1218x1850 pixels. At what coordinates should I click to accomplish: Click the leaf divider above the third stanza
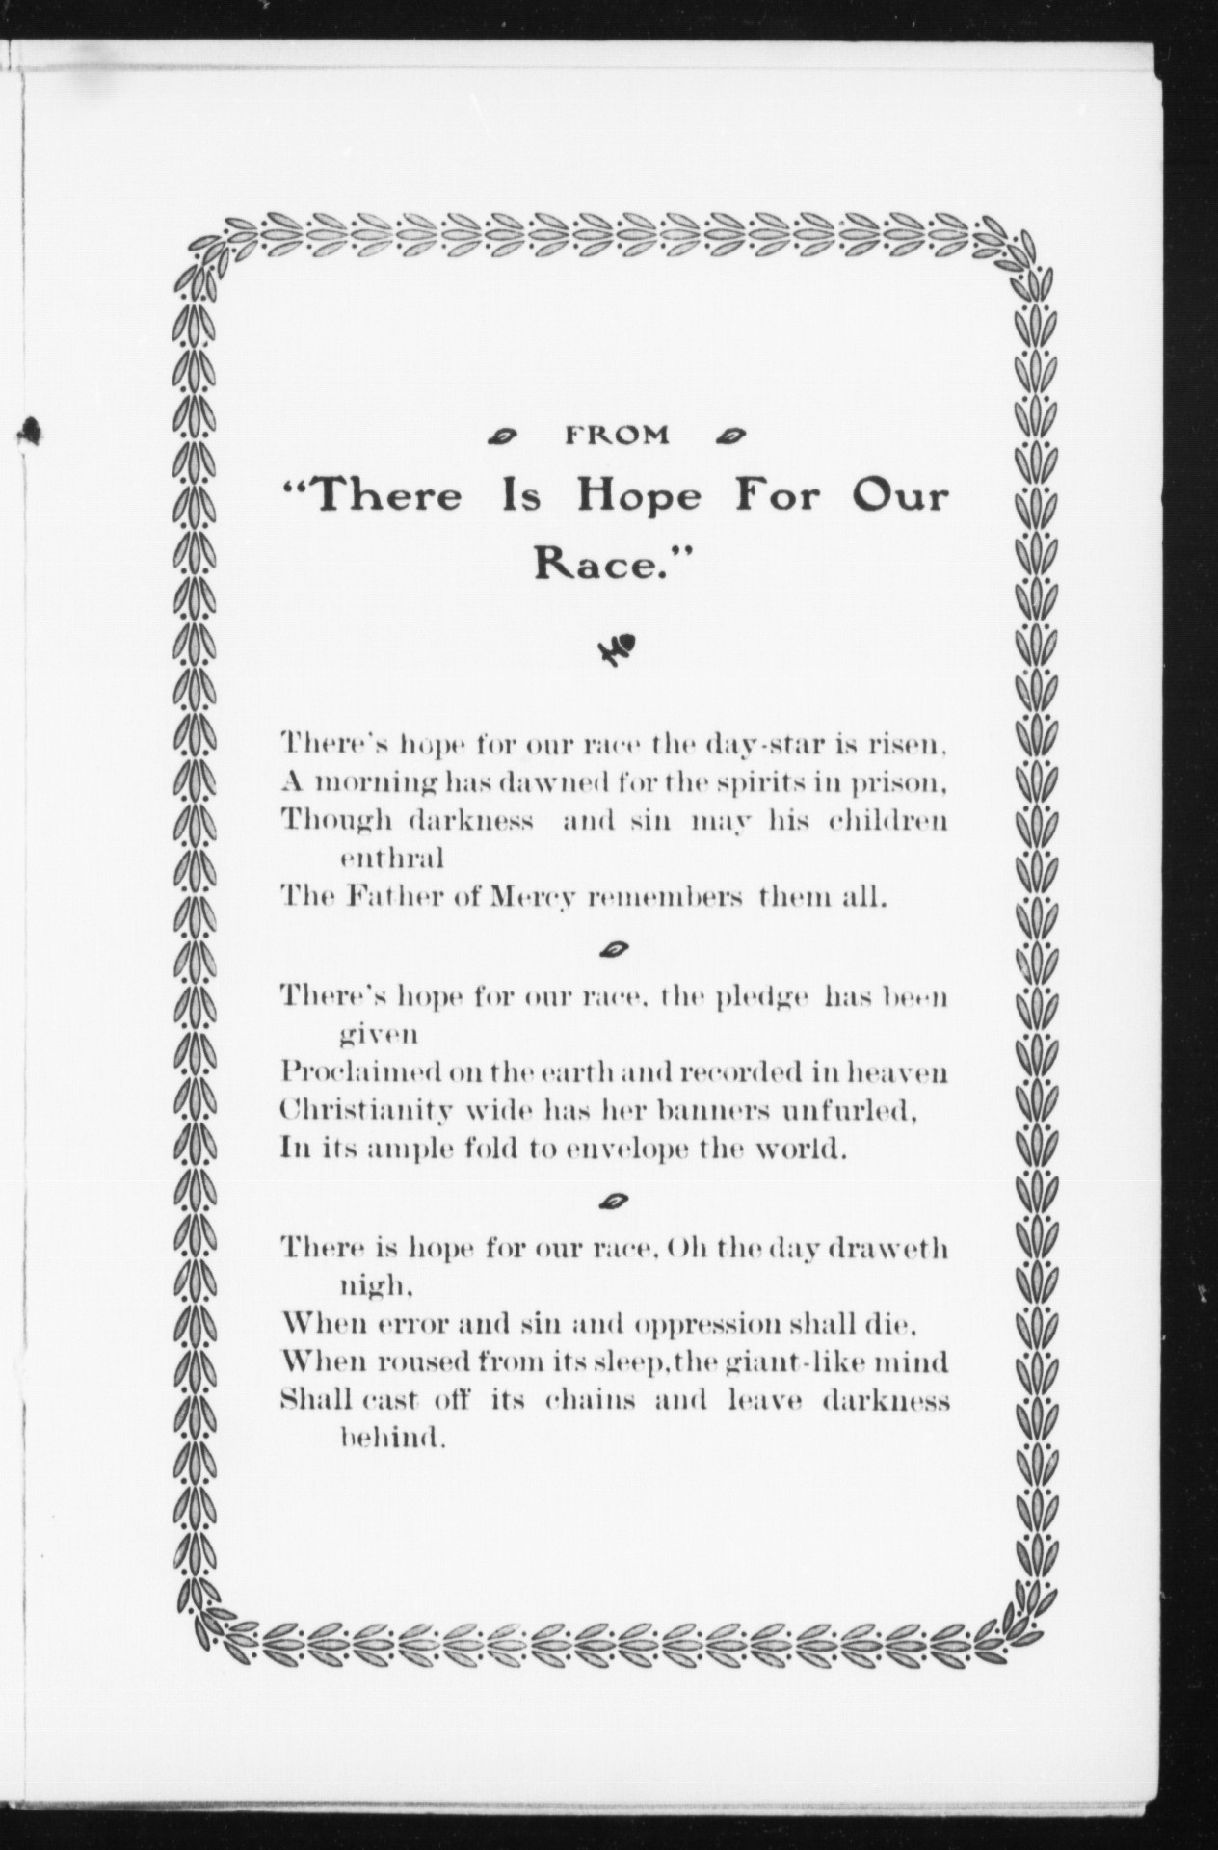tap(615, 1201)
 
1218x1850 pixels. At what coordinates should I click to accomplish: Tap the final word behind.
tap(392, 1439)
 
